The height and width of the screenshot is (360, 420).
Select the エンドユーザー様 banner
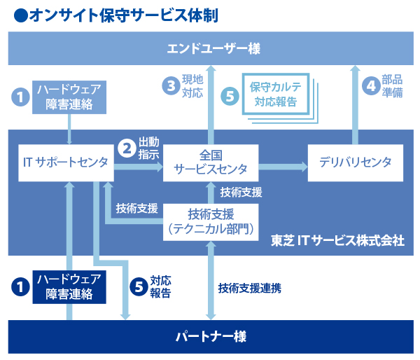210,50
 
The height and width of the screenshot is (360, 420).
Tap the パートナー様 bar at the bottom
210,336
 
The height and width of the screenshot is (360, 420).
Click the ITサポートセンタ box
63,163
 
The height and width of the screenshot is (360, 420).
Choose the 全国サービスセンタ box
211,162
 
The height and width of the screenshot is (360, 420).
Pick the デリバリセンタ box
355,163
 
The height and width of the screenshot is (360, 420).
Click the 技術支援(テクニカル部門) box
211,221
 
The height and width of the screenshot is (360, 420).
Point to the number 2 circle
127,147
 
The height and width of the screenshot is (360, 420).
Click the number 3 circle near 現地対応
170,86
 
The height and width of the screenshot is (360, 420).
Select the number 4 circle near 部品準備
370,86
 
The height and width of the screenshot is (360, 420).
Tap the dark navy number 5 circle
139,286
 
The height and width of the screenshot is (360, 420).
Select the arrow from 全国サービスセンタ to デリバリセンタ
283,167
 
